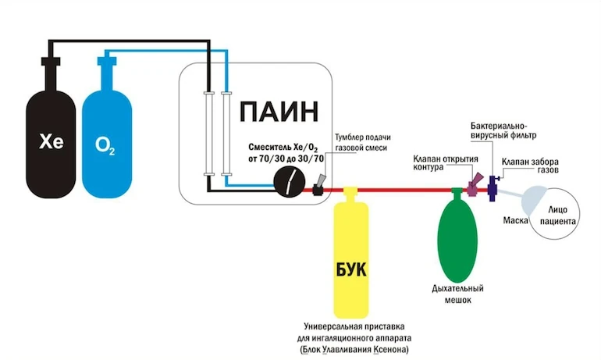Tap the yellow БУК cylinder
(350, 258)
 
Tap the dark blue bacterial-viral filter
(493, 187)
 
